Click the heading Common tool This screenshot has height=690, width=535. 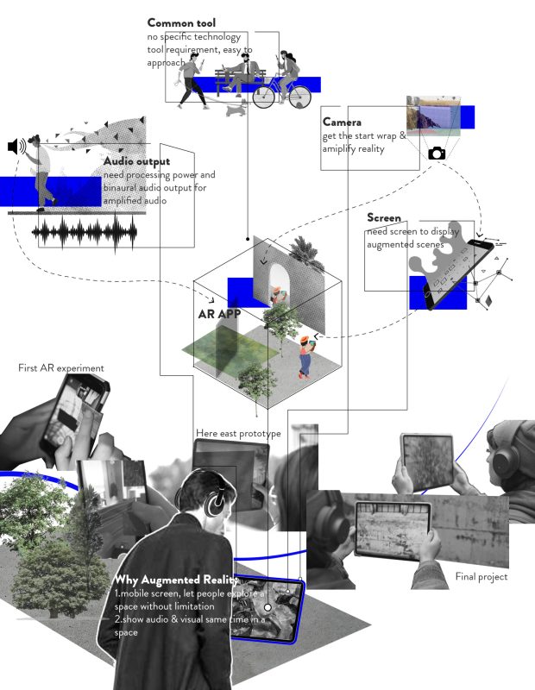coord(181,23)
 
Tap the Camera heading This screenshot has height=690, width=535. coord(343,122)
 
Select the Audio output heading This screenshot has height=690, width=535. coord(136,161)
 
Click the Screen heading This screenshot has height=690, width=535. coord(384,217)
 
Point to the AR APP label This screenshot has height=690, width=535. coord(219,314)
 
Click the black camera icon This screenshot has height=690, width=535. coord(437,153)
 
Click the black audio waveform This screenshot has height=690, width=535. coord(85,231)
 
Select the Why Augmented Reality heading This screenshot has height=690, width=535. coord(176,579)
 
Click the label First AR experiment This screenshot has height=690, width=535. coord(61,368)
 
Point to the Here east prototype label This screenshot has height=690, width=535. coord(238,433)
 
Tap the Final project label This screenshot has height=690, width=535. coord(481,576)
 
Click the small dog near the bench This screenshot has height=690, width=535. coord(235,110)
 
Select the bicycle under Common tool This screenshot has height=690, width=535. coord(276,91)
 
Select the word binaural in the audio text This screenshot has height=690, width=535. coord(125,187)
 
